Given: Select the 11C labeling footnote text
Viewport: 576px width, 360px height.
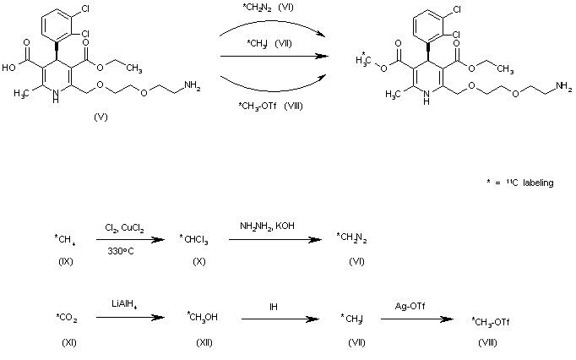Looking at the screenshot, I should coord(517,183).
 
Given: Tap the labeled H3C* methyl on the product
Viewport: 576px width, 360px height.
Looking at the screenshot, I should coord(362,58).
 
